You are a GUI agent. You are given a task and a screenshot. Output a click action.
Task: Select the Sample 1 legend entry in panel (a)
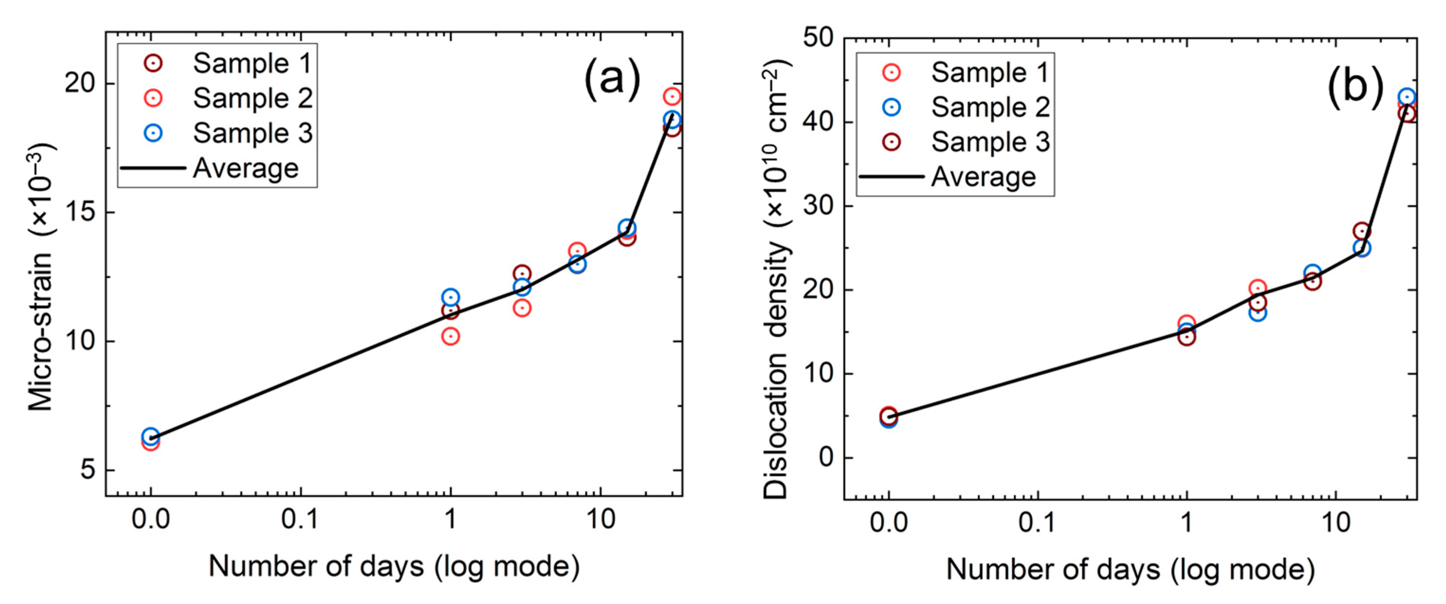(x=251, y=63)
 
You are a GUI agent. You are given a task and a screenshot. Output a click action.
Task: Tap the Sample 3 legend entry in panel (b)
(x=990, y=142)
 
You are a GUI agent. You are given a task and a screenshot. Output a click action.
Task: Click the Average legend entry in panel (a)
(x=245, y=168)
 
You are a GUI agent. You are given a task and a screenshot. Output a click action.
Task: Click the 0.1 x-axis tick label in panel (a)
(x=300, y=520)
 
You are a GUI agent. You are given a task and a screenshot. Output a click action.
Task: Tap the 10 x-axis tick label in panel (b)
(x=1335, y=523)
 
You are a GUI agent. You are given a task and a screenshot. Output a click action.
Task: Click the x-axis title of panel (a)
(x=394, y=566)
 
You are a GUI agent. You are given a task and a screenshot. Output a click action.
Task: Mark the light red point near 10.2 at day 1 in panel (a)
(x=450, y=336)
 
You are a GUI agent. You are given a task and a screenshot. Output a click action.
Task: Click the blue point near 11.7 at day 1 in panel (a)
(x=450, y=297)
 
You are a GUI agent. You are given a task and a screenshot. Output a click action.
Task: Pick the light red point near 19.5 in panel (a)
(x=672, y=97)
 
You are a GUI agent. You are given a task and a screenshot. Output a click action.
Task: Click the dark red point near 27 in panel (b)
(x=1361, y=231)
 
